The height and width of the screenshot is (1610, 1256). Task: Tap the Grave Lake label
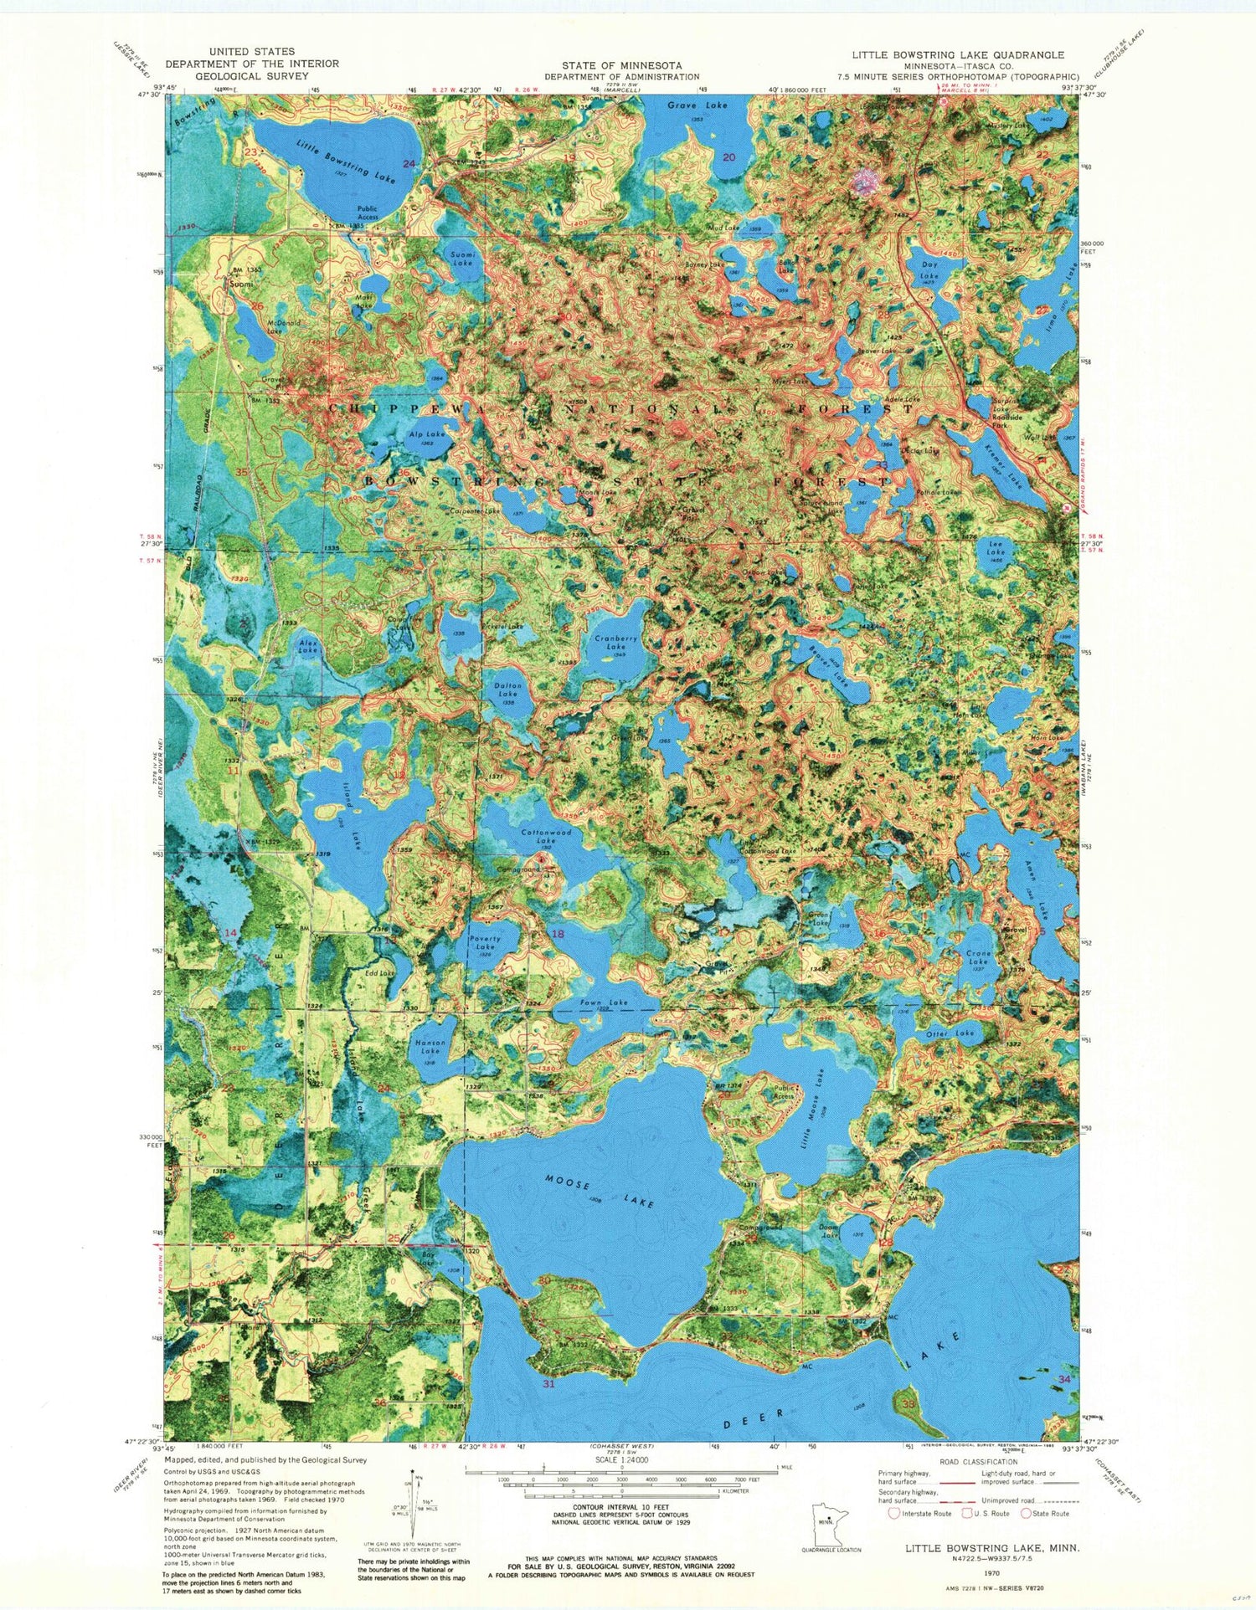697,105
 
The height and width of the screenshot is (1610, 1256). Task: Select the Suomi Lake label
461,258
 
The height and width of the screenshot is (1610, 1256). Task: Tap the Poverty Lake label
486,943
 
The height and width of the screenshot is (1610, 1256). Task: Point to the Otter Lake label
950,1034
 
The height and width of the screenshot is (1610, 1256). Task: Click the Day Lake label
930,270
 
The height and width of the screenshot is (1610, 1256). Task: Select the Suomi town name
242,284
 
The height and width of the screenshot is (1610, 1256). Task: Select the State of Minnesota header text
621,65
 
